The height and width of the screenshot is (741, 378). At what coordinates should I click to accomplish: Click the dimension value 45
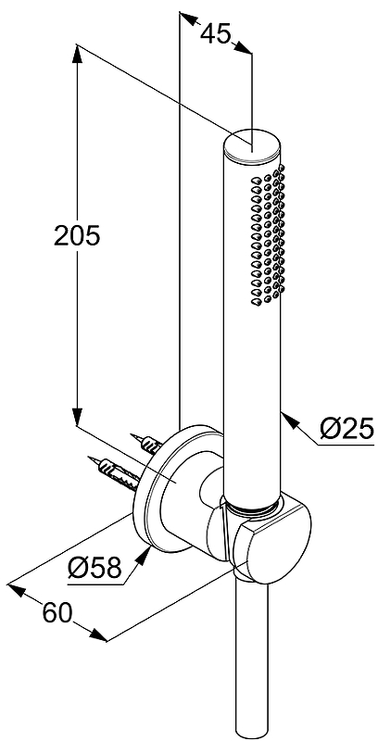(x=216, y=34)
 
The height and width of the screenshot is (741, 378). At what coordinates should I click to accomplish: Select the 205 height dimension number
(x=77, y=235)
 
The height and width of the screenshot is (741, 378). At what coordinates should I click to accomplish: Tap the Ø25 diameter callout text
(x=346, y=430)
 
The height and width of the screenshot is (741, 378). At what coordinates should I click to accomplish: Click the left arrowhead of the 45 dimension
(x=186, y=18)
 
